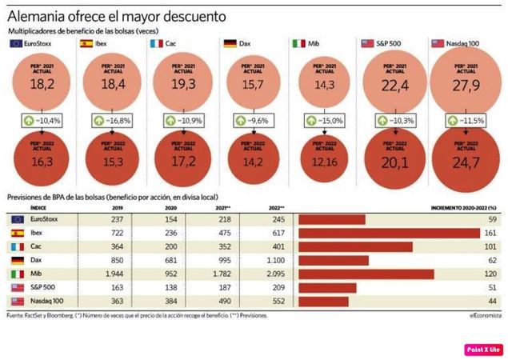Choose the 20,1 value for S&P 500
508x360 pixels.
pos(394,163)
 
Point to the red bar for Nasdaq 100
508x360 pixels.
pos(324,302)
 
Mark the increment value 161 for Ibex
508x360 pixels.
pos(490,232)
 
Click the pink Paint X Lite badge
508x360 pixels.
pos(483,349)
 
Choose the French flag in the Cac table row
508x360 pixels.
pos(17,246)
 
